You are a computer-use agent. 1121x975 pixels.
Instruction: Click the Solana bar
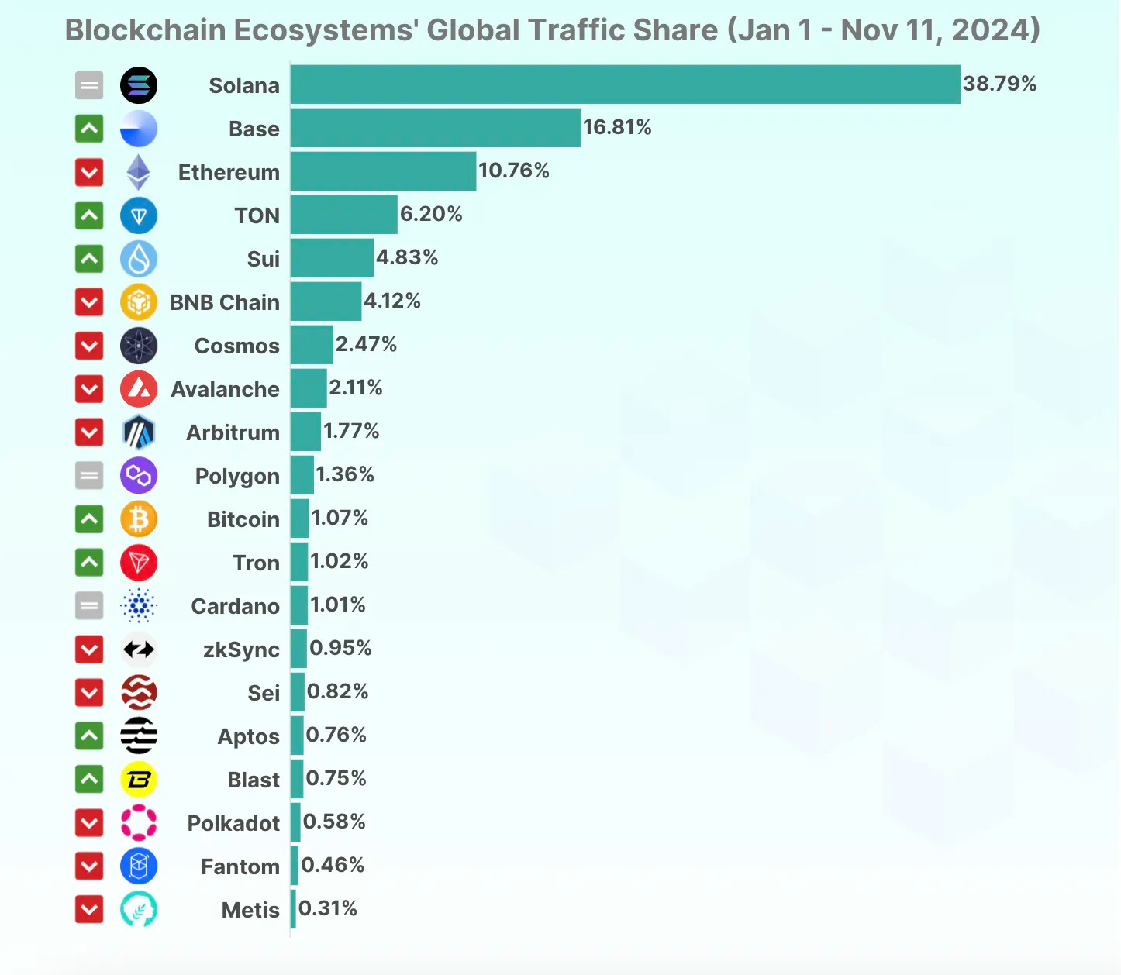(x=625, y=84)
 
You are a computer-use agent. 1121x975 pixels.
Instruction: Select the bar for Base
(x=435, y=128)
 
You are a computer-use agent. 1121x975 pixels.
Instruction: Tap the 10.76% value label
(x=513, y=171)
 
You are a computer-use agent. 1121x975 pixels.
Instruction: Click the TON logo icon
(x=139, y=215)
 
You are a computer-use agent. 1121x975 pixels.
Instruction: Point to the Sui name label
(x=263, y=259)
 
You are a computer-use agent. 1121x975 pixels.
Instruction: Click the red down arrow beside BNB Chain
(x=89, y=302)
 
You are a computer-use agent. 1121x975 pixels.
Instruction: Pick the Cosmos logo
(x=139, y=346)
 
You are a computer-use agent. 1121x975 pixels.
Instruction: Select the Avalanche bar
(x=309, y=388)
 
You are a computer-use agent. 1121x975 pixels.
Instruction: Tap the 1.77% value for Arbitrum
(x=351, y=431)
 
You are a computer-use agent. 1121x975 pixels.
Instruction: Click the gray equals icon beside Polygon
(x=89, y=476)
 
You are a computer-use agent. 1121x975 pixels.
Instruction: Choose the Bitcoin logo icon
(x=139, y=519)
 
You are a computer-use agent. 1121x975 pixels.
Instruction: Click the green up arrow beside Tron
(x=89, y=563)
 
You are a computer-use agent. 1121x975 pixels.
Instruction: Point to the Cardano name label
(x=235, y=606)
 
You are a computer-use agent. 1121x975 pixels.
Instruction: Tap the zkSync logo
(x=139, y=649)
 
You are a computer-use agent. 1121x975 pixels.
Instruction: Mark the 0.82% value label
(x=337, y=691)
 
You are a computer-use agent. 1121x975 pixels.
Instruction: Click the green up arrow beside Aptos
(x=89, y=736)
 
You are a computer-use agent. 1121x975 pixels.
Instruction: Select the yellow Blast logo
(x=139, y=780)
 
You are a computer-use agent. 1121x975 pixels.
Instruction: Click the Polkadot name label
(x=233, y=823)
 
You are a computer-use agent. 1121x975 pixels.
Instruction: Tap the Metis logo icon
(x=139, y=910)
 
